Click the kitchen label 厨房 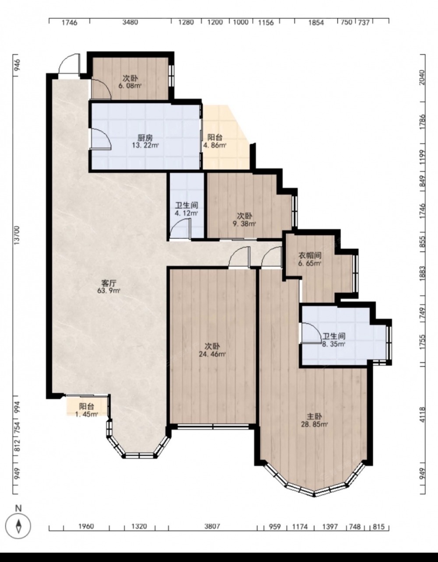point(145,138)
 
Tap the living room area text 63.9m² point(108,290)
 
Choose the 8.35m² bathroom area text point(334,344)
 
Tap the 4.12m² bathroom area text point(186,213)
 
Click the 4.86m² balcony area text point(215,145)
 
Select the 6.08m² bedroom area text point(130,86)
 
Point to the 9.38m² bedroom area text point(244,224)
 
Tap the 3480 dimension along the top point(130,22)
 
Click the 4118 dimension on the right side point(422,415)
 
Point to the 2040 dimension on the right point(422,77)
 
